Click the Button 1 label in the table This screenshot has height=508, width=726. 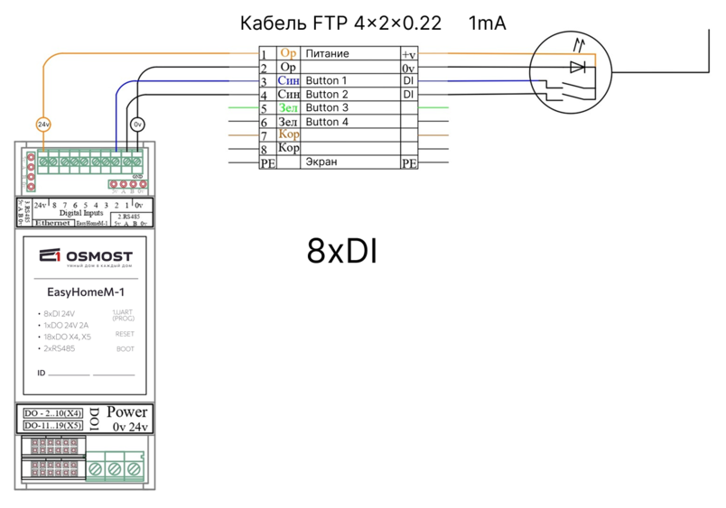326,81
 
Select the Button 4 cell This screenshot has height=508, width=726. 326,122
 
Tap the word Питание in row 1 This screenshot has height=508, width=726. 327,54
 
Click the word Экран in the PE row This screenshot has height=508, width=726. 321,162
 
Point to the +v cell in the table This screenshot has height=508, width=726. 408,55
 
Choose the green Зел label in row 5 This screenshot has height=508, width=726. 288,108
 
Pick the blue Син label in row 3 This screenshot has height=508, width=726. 288,81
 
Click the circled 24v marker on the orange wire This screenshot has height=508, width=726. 43,124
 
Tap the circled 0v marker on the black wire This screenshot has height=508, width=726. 137,124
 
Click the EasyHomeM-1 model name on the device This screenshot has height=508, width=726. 85,291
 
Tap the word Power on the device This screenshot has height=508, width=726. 126,412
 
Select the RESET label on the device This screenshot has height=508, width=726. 125,334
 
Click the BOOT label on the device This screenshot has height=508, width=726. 125,348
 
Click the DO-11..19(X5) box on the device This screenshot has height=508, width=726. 52,425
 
